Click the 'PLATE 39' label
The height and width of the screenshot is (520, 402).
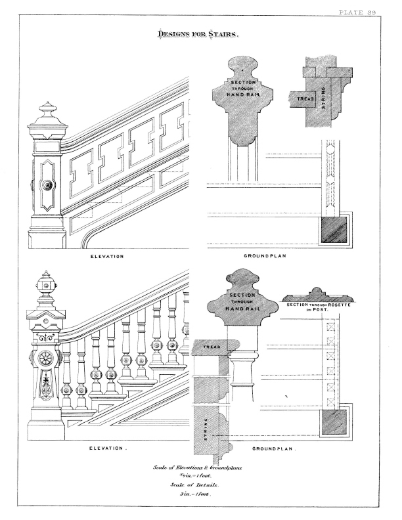[357, 12]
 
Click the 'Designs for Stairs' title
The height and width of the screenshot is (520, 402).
[198, 34]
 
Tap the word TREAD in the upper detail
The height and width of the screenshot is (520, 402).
[305, 99]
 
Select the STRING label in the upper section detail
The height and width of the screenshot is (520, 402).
[324, 97]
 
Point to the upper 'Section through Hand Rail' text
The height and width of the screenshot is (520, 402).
[244, 88]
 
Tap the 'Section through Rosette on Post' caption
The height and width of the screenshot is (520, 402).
[318, 307]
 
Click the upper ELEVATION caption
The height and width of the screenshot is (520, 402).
[107, 256]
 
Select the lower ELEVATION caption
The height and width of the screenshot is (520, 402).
[108, 448]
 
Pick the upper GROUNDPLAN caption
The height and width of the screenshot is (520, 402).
[265, 255]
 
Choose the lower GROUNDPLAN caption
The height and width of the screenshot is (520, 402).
[274, 448]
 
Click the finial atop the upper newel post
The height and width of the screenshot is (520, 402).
[48, 114]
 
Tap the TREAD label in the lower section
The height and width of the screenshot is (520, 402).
[212, 347]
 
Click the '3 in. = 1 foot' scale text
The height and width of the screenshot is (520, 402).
[195, 494]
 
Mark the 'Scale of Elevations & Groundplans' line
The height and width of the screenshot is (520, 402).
[197, 467]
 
